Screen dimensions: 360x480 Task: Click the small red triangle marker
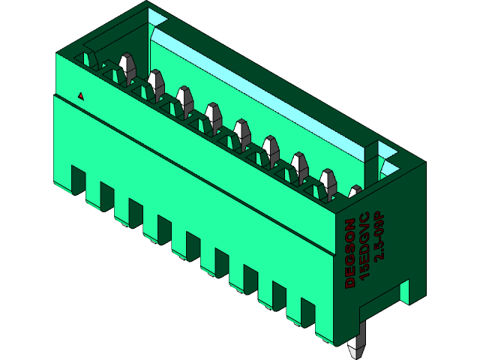click(80, 96)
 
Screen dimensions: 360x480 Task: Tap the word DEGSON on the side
click(350, 253)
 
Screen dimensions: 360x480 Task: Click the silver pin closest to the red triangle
click(127, 66)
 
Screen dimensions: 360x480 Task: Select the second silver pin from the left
click(156, 82)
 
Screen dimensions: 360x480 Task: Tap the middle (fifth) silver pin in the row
click(241, 131)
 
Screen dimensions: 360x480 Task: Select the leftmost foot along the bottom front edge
click(77, 180)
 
